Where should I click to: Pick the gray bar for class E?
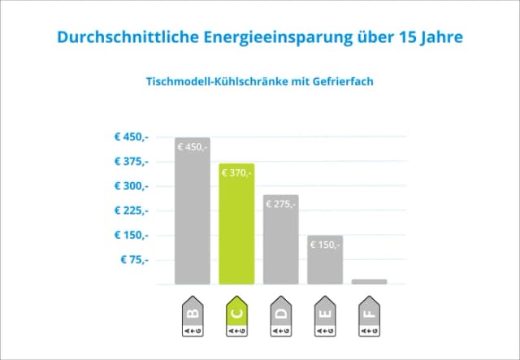[x=324, y=264]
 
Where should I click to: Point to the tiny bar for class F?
[x=369, y=281]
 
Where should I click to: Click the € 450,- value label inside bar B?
[x=193, y=147]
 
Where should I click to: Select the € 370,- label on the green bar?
[x=236, y=172]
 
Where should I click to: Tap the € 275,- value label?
[x=280, y=204]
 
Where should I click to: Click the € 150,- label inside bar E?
[x=324, y=245]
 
